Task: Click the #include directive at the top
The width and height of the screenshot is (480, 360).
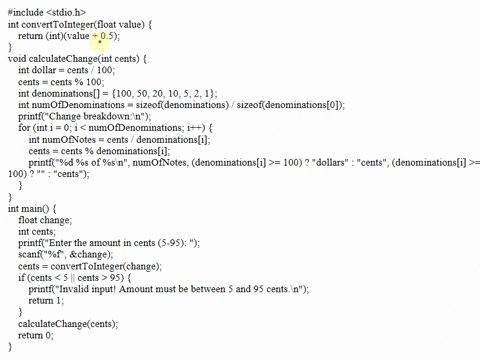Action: click(x=27, y=10)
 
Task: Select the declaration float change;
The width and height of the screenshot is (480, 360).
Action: click(x=45, y=221)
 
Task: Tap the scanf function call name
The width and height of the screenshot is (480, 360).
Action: click(x=31, y=258)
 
